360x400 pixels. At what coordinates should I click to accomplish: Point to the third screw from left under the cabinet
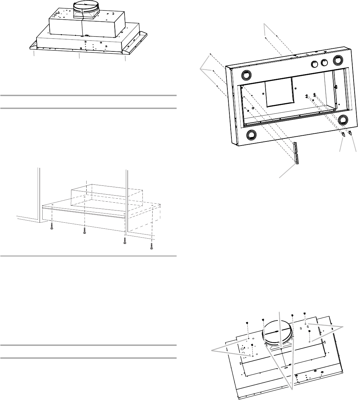(125, 241)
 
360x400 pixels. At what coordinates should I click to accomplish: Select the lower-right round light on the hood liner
(343, 119)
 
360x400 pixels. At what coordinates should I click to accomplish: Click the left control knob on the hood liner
(314, 64)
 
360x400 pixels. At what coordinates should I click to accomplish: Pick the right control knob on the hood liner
(325, 62)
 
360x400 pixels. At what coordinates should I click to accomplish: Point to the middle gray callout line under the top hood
(79, 57)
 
